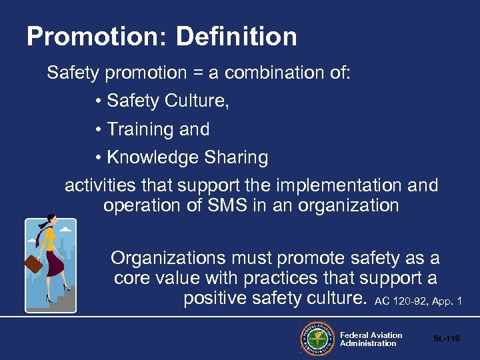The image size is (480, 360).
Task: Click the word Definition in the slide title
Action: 237,36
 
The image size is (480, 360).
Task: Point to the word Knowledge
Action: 143,158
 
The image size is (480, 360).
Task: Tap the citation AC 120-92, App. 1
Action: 418,301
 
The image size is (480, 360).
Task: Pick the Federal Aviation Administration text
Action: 371,339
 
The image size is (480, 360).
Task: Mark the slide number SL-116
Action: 446,339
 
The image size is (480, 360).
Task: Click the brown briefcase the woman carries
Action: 33,265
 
